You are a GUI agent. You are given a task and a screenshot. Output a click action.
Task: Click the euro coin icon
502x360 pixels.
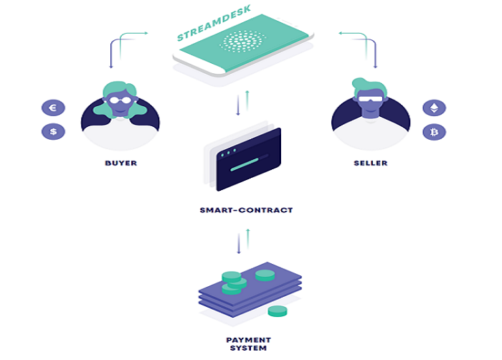(53, 108)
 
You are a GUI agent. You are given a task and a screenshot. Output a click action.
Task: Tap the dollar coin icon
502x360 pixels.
(53, 131)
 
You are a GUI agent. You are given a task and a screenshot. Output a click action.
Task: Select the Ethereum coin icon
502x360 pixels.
(434, 108)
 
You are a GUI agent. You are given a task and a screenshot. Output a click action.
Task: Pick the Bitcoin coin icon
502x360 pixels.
(434, 132)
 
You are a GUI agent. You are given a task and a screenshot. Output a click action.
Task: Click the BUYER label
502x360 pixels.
(121, 163)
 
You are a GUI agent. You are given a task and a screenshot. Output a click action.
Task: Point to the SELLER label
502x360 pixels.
(371, 163)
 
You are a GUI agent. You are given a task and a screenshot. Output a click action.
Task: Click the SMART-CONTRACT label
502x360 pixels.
(246, 210)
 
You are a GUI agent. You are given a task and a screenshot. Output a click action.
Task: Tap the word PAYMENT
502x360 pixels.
(248, 340)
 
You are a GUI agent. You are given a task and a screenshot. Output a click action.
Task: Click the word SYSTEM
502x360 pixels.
(248, 348)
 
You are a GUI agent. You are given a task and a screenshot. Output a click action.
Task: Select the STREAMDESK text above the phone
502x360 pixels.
(214, 23)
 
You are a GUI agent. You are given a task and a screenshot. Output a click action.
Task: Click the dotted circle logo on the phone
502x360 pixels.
(242, 42)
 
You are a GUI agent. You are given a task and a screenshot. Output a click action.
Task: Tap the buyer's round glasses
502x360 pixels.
(120, 100)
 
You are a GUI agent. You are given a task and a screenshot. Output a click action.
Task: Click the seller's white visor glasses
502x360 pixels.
(371, 98)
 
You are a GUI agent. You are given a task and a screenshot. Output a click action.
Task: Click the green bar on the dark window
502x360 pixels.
(245, 165)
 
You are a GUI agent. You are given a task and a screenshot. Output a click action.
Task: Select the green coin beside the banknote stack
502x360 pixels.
(278, 311)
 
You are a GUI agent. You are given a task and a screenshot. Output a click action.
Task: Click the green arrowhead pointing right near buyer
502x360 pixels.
(146, 33)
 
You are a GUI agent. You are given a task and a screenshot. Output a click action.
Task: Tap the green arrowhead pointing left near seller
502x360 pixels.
(341, 33)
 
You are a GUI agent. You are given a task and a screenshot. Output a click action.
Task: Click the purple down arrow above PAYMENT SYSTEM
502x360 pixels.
(239, 244)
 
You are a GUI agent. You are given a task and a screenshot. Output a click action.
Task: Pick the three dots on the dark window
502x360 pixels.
(229, 153)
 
